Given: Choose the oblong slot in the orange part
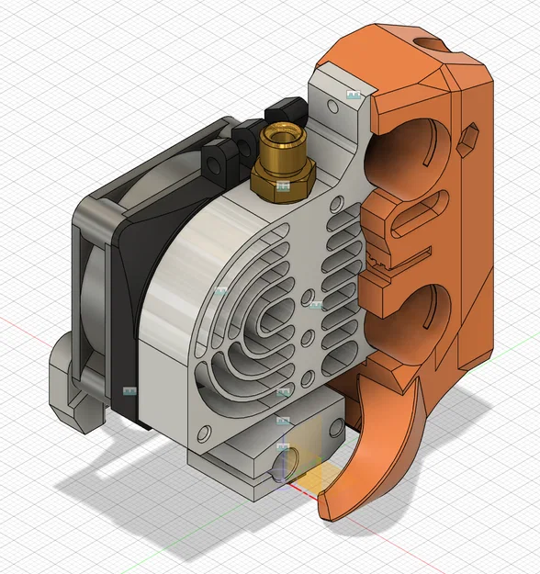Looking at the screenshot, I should coord(415,221).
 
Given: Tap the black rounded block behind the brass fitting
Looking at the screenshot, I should coord(285,110).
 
